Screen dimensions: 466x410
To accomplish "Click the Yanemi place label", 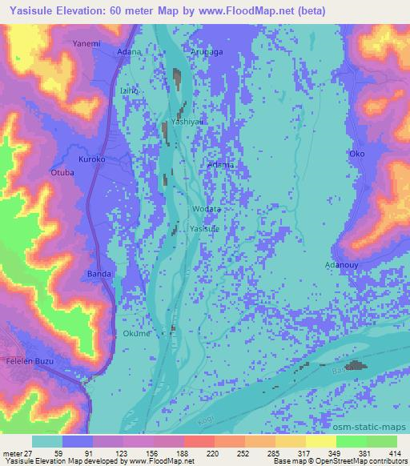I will click(86, 42).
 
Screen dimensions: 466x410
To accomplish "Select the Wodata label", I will click(207, 209).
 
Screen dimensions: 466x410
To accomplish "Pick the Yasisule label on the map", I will click(203, 229).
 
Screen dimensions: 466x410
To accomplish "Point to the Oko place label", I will click(357, 154).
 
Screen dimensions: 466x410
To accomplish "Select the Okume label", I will click(136, 334).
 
